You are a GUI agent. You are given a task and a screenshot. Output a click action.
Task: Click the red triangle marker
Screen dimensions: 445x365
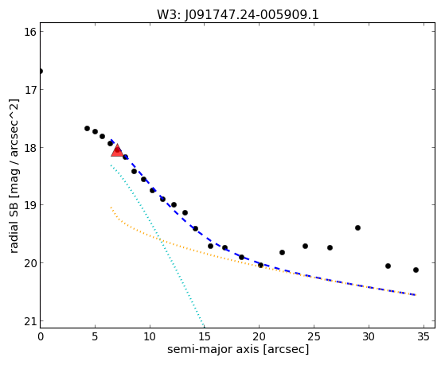pyautogui.click(x=117, y=150)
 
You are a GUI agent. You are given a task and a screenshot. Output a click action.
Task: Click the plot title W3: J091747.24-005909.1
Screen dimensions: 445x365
pyautogui.click(x=238, y=15)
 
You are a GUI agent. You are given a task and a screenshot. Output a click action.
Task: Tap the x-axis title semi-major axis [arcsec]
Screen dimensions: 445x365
pyautogui.click(x=238, y=349)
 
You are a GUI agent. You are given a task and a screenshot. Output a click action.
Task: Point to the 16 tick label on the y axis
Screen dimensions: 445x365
pyautogui.click(x=30, y=32)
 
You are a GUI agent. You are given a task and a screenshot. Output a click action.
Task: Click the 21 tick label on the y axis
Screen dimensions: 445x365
pyautogui.click(x=30, y=321)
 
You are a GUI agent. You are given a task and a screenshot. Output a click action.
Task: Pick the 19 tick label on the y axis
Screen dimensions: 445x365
pyautogui.click(x=30, y=205)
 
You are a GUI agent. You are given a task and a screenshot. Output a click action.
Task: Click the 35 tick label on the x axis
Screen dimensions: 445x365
pyautogui.click(x=424, y=336)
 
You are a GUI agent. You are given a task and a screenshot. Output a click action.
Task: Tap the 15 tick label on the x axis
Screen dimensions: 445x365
pyautogui.click(x=205, y=336)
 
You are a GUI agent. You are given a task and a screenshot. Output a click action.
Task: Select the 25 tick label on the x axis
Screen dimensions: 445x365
pyautogui.click(x=314, y=336)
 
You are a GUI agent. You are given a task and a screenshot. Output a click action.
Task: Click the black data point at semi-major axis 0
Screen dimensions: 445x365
pyautogui.click(x=41, y=71)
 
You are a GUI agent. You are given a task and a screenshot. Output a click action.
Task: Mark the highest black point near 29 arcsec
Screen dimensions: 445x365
pyautogui.click(x=357, y=227)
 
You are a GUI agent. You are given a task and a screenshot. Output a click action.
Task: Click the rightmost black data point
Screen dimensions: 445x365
pyautogui.click(x=416, y=270)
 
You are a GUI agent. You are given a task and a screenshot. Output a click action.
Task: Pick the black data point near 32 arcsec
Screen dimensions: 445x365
pyautogui.click(x=388, y=266)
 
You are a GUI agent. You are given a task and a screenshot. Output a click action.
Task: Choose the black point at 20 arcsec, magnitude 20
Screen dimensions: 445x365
pyautogui.click(x=260, y=265)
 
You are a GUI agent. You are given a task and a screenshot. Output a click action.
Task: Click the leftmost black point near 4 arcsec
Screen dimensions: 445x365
pyautogui.click(x=87, y=129)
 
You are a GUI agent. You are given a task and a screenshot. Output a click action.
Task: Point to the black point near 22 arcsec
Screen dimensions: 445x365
pyautogui.click(x=282, y=252)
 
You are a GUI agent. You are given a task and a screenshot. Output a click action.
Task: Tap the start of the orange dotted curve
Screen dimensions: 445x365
pyautogui.click(x=111, y=208)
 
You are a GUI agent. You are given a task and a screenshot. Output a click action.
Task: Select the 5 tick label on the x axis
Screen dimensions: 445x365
pyautogui.click(x=95, y=336)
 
